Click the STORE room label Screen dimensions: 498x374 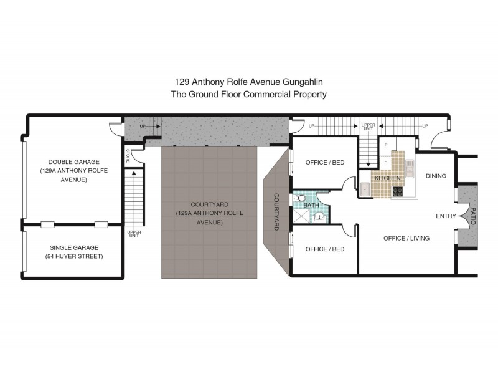[128, 155]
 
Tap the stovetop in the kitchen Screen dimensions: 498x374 [398, 191]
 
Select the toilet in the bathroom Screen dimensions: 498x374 [299, 198]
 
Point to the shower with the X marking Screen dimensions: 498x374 [301, 216]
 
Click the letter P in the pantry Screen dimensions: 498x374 [386, 145]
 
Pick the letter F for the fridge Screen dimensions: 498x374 [386, 163]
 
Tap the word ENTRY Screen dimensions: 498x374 [446, 216]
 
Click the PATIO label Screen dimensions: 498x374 [473, 216]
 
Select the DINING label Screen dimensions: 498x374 [436, 176]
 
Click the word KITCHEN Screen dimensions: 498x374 [387, 178]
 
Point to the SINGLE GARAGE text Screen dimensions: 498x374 [74, 247]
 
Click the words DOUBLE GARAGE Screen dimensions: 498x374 [73, 162]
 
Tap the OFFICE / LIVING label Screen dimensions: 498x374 [406, 238]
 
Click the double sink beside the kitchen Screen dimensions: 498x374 [410, 168]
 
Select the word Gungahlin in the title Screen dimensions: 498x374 [303, 82]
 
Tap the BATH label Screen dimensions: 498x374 [311, 206]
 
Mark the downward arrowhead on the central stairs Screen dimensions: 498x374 [368, 165]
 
